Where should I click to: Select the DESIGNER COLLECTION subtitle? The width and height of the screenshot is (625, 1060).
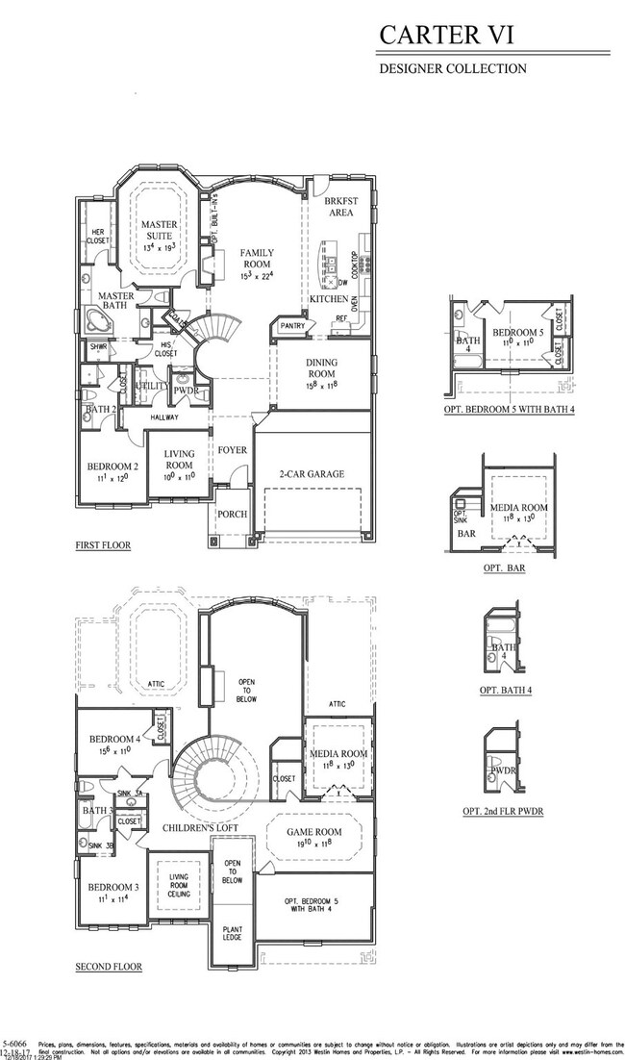tap(452, 68)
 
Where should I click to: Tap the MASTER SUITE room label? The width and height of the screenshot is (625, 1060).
tap(159, 231)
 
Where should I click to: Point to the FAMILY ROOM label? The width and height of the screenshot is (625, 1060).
tap(257, 257)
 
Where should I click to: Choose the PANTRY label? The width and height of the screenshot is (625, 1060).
tap(291, 327)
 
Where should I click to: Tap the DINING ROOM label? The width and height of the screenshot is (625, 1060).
tap(321, 368)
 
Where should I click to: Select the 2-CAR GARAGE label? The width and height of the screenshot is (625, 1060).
tap(311, 473)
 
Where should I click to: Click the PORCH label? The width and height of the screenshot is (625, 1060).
tap(231, 514)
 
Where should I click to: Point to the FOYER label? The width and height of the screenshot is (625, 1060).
tap(232, 449)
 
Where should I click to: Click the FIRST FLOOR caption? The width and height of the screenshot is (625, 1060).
tap(103, 545)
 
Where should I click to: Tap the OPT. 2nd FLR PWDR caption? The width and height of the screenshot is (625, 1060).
tap(503, 811)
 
